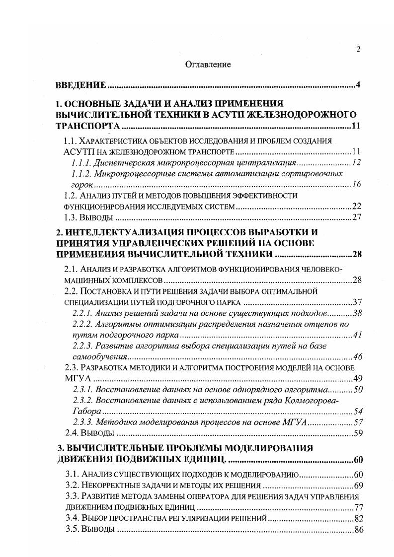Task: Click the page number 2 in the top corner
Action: click(x=358, y=49)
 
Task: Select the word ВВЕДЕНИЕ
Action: click(x=80, y=85)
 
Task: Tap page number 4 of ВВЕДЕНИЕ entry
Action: click(x=358, y=85)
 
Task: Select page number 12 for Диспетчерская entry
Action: click(x=355, y=163)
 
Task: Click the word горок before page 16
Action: click(x=75, y=185)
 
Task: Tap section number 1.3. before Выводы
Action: click(x=74, y=217)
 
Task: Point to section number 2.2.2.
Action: click(x=82, y=325)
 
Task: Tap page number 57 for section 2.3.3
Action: click(x=356, y=422)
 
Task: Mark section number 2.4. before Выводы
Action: click(x=74, y=433)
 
